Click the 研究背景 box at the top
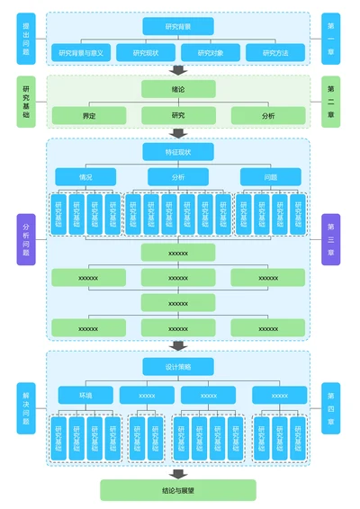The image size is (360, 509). click(178, 26)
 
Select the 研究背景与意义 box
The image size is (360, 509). click(81, 53)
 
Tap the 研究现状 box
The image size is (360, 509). click(145, 53)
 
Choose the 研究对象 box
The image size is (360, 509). click(210, 53)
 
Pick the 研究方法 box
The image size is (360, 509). click(274, 53)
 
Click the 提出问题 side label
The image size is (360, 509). click(25, 39)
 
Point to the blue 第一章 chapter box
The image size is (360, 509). click(331, 39)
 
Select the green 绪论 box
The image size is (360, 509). click(178, 89)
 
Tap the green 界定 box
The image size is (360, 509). click(89, 115)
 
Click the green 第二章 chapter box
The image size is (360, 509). click(331, 102)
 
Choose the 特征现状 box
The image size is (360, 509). click(178, 152)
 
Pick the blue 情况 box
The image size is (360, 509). click(85, 177)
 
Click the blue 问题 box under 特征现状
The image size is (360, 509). click(270, 177)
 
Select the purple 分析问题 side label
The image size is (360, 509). click(25, 239)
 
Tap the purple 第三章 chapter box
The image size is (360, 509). click(331, 239)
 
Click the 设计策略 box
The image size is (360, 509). click(178, 366)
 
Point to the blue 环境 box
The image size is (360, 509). click(85, 395)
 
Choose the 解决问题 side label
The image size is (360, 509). click(25, 407)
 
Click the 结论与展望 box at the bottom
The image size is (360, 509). click(178, 490)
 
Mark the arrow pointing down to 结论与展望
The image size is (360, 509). click(178, 473)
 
